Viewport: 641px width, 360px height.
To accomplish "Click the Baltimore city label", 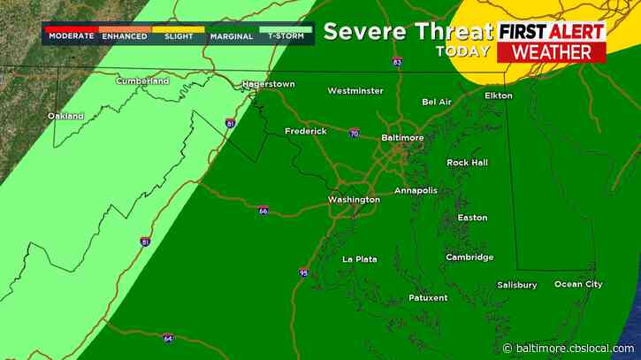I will tap(402, 138).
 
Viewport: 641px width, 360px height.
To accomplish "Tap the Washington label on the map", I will tap(354, 200).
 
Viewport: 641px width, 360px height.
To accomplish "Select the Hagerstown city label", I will tap(269, 85).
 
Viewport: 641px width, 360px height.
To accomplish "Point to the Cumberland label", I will tap(142, 80).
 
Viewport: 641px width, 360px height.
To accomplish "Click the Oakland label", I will tap(65, 116).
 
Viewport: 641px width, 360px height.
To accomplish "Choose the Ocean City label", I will tap(578, 284).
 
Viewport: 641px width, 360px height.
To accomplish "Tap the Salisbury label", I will tap(516, 285).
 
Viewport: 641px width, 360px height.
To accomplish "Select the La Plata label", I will tap(360, 259).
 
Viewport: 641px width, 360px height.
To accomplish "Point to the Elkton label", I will tap(498, 96).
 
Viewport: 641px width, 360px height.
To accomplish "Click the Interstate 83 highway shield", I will tap(397, 62).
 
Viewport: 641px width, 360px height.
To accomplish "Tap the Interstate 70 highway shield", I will tap(354, 134).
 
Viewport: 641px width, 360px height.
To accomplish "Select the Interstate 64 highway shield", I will tap(168, 337).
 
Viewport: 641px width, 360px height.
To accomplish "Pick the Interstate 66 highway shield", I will tap(263, 211).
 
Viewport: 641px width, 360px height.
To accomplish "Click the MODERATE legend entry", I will tap(70, 35).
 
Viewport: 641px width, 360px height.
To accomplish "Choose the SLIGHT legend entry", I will tap(178, 35).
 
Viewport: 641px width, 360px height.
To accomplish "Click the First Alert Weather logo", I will tap(551, 42).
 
